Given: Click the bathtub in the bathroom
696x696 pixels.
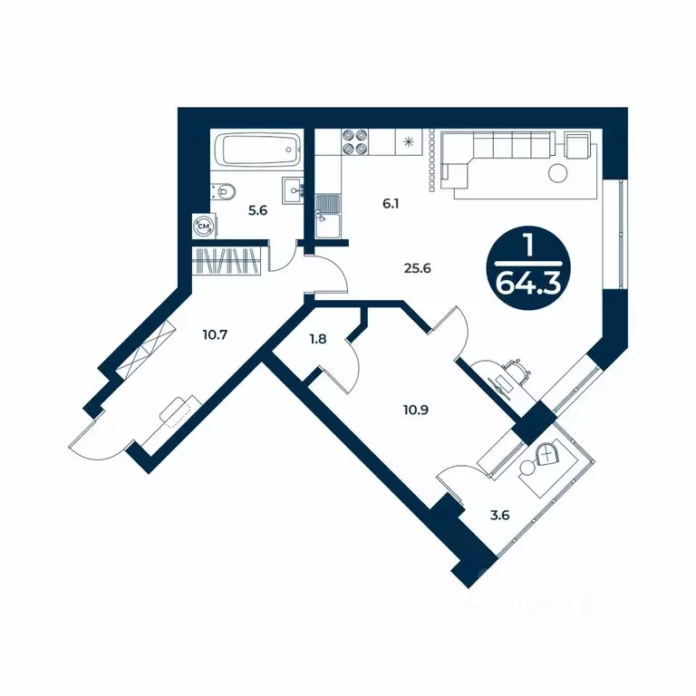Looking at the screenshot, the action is (257, 150).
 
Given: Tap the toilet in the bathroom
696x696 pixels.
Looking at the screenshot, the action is (223, 192).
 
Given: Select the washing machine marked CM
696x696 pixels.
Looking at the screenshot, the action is (204, 227).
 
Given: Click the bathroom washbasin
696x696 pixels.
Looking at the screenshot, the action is (293, 190).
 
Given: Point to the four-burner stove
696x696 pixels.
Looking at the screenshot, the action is (355, 142).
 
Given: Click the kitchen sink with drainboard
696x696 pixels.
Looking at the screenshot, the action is (327, 217).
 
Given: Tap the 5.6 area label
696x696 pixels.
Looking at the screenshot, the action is (257, 210).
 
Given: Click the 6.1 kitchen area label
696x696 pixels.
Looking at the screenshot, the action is (391, 204).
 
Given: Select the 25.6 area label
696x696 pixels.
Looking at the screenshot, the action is (417, 268).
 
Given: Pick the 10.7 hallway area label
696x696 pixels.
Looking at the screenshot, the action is (215, 334).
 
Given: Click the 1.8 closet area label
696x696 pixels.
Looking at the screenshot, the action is (318, 339).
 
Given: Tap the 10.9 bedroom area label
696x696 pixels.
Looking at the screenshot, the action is (416, 410).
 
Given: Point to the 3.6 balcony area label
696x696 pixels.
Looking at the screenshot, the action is (500, 516).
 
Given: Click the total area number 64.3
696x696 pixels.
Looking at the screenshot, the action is (528, 283).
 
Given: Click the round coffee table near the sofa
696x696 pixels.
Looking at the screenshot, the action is (558, 173).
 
